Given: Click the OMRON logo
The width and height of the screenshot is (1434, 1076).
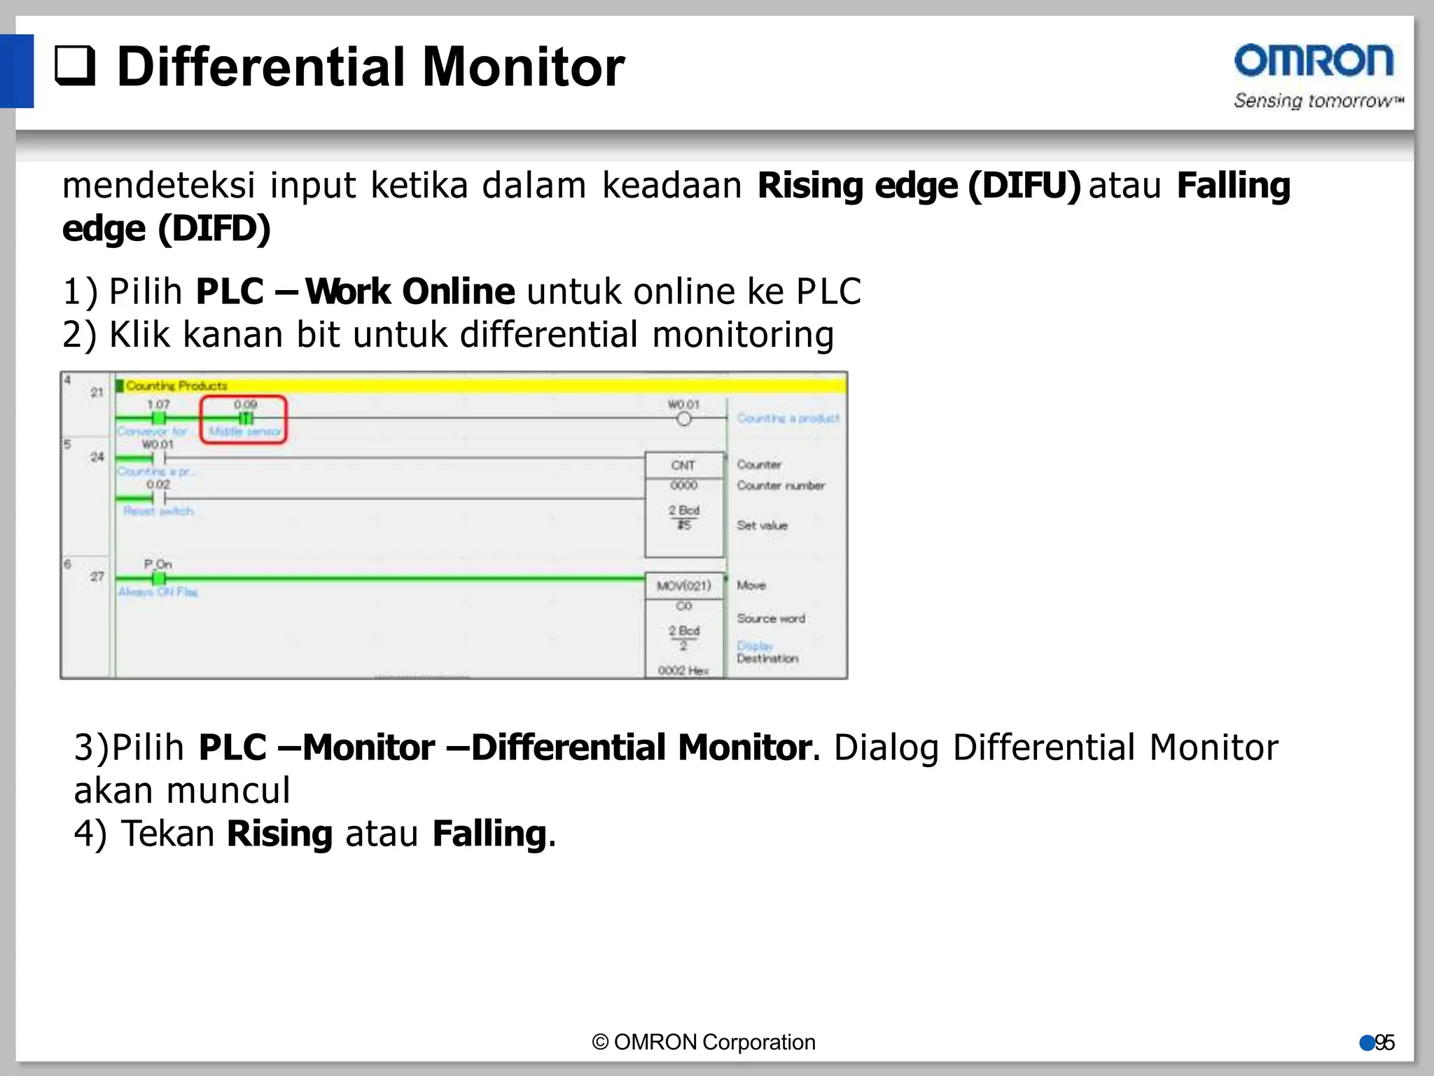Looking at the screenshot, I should tap(1314, 61).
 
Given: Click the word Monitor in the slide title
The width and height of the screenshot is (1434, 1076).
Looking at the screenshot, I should tap(523, 67).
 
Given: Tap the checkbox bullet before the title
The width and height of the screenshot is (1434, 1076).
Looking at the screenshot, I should tap(75, 65).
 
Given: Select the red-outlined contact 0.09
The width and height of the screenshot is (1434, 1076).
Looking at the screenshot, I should tap(245, 418).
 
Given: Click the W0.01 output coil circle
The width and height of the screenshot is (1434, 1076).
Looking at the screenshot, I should tap(683, 419).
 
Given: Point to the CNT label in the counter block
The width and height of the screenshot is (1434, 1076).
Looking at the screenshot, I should tap(683, 465).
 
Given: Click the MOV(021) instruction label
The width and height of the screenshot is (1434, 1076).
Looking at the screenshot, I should tap(683, 586).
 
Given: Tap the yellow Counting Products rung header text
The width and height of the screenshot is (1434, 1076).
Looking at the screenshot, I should tap(176, 386).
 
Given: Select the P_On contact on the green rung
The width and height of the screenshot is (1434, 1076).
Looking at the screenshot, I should tap(159, 578).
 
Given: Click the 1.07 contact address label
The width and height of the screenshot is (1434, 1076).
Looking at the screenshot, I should tap(158, 404).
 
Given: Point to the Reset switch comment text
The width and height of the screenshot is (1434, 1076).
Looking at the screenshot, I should tap(158, 511).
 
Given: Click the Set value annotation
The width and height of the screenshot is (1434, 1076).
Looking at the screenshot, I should tap(762, 525).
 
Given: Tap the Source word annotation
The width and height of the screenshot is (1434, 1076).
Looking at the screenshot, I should tap(771, 619).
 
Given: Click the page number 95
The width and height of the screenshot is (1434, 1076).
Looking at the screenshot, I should tap(1384, 1043).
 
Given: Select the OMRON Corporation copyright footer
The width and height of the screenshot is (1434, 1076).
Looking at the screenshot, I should tap(704, 1042).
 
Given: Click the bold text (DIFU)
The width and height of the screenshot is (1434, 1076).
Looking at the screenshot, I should tap(1024, 186).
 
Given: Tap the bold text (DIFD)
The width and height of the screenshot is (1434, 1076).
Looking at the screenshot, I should tap(214, 229).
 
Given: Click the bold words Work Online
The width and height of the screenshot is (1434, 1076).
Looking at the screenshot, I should tap(410, 292).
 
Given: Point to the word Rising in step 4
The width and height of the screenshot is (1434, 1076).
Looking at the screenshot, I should tap(279, 834).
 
